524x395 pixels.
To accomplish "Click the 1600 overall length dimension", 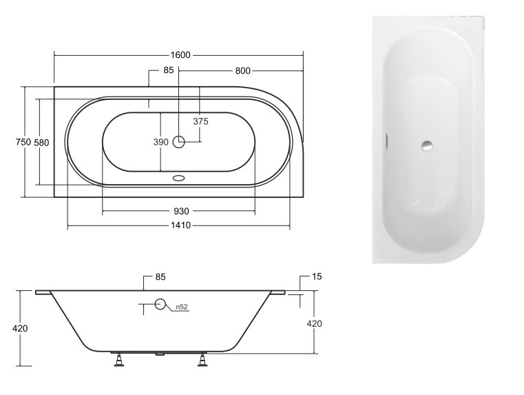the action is [x=180, y=55].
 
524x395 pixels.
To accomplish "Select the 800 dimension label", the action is [x=242, y=70].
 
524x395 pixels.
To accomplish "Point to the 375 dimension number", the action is [x=200, y=121].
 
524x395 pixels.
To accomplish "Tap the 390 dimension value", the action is [x=160, y=142].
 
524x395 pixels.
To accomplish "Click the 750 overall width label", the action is [x=23, y=142].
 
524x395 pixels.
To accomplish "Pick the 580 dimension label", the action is [x=41, y=143].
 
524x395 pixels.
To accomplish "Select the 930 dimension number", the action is [x=181, y=212].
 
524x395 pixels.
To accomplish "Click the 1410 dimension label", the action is [x=181, y=225].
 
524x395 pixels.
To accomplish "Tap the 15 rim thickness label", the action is [x=317, y=276].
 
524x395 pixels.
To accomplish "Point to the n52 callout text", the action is [x=182, y=307].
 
